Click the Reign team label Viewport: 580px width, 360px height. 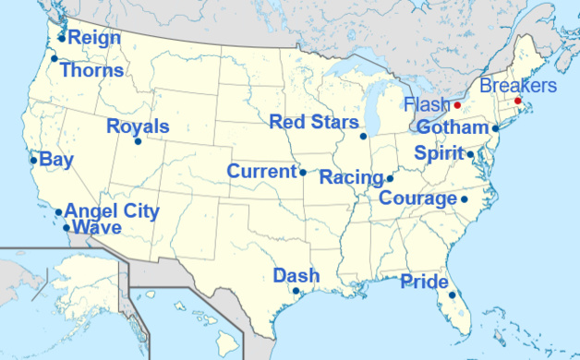click(x=95, y=38)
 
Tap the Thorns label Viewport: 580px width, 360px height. click(x=91, y=69)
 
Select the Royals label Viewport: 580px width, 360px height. click(x=138, y=126)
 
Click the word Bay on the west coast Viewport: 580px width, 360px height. click(x=56, y=160)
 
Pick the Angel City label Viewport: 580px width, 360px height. click(x=112, y=211)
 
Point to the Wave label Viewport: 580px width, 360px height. click(x=97, y=227)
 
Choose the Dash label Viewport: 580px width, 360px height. click(x=296, y=275)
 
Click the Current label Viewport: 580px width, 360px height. click(x=261, y=172)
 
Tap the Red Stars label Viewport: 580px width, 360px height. click(x=314, y=122)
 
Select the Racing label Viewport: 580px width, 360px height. click(x=351, y=177)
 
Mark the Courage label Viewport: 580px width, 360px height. click(x=418, y=198)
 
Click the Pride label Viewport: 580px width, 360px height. click(x=425, y=282)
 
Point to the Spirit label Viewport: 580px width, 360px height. click(x=439, y=153)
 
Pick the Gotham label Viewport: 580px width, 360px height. click(x=452, y=127)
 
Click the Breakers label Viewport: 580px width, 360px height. click(x=517, y=86)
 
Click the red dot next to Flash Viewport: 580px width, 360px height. click(x=457, y=105)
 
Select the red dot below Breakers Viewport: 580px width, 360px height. click(x=518, y=101)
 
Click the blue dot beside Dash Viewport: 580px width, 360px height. click(x=296, y=291)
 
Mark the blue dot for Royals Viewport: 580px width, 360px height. click(x=138, y=141)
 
